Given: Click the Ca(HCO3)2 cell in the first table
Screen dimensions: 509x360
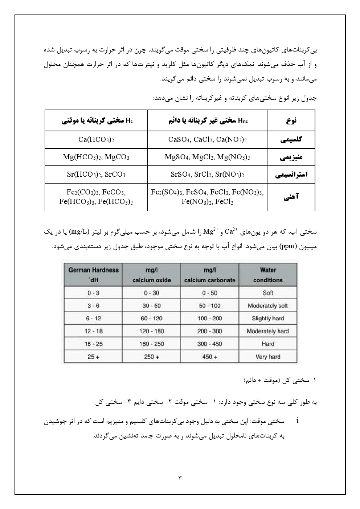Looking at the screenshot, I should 96,140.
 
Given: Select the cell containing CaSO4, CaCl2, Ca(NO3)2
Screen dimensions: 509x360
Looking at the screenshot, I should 207,140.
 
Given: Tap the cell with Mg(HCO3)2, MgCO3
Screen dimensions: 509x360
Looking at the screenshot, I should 96,157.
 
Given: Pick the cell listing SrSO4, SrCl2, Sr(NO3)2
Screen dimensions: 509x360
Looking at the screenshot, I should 207,175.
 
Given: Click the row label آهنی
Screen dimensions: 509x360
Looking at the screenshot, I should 291,197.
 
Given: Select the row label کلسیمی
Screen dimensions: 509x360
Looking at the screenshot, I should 291,140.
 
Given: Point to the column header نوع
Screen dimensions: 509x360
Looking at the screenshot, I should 291,120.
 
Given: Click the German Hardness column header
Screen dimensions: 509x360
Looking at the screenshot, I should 93,275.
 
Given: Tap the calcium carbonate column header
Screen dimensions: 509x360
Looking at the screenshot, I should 210,275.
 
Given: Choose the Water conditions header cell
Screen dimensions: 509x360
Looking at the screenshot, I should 268,275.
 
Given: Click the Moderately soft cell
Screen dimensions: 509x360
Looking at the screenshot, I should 268,305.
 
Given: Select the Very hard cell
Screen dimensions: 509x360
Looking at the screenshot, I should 268,357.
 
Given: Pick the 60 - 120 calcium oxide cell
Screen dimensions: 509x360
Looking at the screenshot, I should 151,319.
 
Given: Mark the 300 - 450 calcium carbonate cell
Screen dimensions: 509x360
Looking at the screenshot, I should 210,344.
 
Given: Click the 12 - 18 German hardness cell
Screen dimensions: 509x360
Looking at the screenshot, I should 93,331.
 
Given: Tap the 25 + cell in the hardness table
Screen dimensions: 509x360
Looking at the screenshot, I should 93,357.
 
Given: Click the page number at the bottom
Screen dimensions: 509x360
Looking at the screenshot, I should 180,477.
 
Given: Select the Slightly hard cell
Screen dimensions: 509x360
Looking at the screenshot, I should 268,319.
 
